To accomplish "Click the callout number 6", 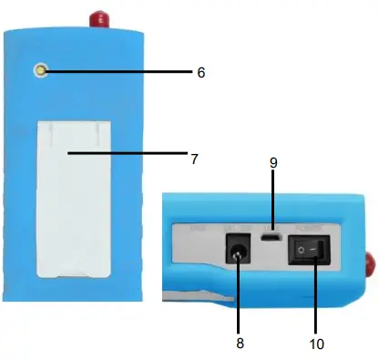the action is pos(201,70).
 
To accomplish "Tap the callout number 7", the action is pos(194,158).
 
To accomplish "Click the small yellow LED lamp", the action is pos(41,70).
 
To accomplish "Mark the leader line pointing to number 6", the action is pos(118,70).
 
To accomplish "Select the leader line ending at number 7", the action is pos(128,156).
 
